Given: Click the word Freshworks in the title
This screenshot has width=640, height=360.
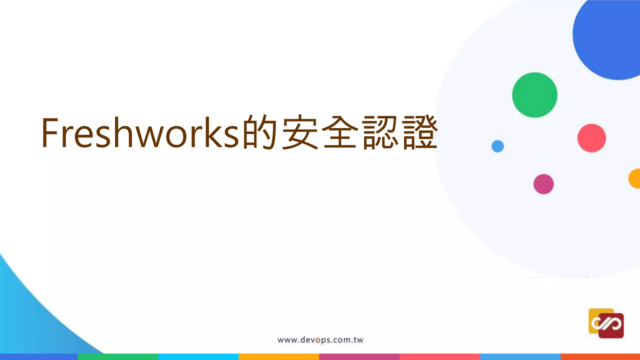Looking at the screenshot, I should pyautogui.click(x=141, y=132).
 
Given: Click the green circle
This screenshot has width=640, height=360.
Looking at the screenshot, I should pyautogui.click(x=535, y=95).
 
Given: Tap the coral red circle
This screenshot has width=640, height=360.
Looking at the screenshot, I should pyautogui.click(x=592, y=138).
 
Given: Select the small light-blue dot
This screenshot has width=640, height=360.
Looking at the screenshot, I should pyautogui.click(x=497, y=146).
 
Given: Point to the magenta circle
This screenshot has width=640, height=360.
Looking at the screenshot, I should pyautogui.click(x=543, y=184).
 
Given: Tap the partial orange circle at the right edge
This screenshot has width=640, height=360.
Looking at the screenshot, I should pyautogui.click(x=635, y=179).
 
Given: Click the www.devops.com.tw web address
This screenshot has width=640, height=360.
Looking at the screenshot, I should pyautogui.click(x=320, y=340).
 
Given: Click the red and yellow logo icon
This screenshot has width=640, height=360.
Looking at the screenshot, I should pyautogui.click(x=606, y=323).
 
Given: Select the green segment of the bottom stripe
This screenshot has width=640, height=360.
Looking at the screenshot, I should pyautogui.click(x=118, y=357).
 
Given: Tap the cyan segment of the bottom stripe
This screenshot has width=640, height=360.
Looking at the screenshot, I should pyautogui.click(x=198, y=357).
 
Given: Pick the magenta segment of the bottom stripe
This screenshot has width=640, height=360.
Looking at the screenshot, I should pyautogui.click(x=359, y=357).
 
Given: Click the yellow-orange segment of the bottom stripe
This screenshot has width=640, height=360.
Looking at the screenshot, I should pyautogui.click(x=279, y=357).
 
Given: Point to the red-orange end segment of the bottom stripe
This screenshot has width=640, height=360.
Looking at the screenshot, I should pyautogui.click(x=600, y=357).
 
